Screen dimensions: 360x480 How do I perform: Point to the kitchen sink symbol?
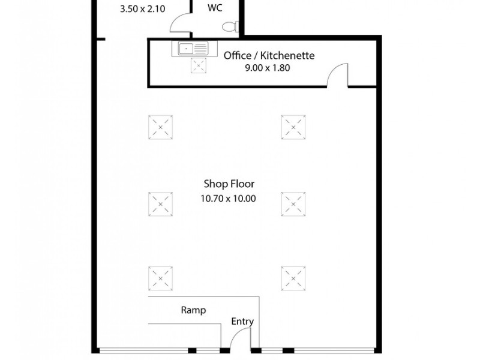tap(191, 48)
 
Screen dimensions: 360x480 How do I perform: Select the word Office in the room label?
tap(237, 56)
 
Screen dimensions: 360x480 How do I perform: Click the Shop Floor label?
tap(228, 185)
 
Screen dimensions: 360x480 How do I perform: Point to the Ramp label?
tap(193, 310)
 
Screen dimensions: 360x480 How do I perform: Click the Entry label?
tap(242, 322)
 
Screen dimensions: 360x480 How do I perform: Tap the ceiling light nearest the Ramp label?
tap(160, 277)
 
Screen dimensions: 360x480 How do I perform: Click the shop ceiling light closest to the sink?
tap(160, 126)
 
